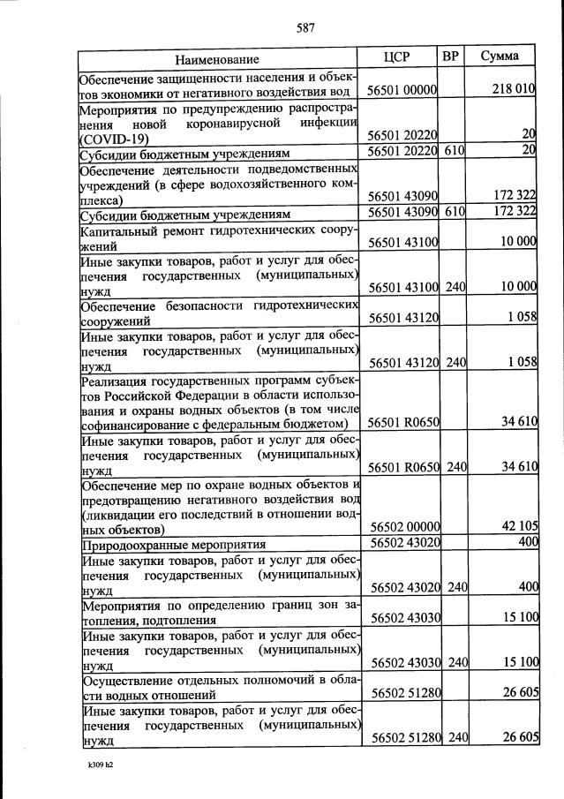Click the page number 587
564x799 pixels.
(x=305, y=27)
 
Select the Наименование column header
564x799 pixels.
(x=217, y=59)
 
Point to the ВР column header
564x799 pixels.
(x=450, y=57)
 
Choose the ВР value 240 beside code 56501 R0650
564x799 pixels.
(x=455, y=467)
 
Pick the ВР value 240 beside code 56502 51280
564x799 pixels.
(x=455, y=737)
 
